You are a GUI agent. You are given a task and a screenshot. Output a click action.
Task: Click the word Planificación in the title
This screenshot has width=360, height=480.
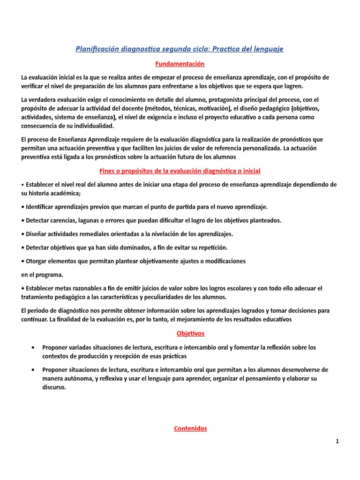coord(97,49)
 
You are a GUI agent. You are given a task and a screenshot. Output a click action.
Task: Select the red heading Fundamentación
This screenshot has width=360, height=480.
coord(180,63)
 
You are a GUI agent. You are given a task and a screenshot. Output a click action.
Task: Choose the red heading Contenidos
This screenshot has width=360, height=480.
coord(190,428)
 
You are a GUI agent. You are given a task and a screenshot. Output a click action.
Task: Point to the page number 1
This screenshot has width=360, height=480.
coord(337,441)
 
